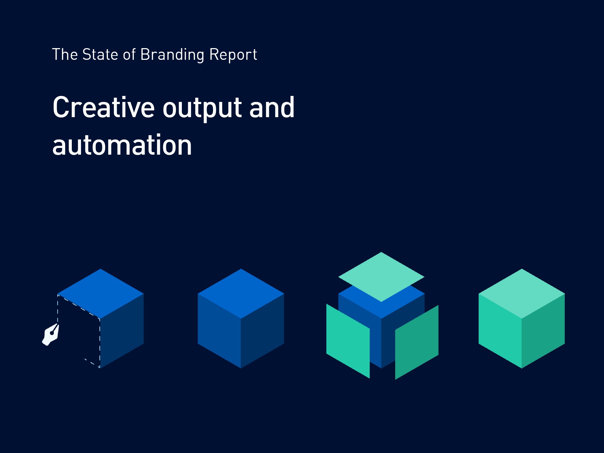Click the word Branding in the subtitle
click(x=172, y=55)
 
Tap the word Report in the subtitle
click(x=233, y=55)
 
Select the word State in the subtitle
click(x=100, y=55)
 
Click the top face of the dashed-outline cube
click(x=100, y=294)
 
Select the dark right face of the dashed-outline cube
click(x=122, y=331)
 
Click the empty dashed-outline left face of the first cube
click(x=79, y=331)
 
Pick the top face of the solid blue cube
click(x=241, y=294)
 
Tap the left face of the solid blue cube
click(x=219, y=331)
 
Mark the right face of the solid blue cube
click(x=263, y=331)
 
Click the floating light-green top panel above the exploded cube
click(x=381, y=277)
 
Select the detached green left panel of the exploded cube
click(x=348, y=341)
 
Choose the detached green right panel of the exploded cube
click(x=417, y=342)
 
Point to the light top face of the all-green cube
click(x=522, y=294)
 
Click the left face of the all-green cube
click(x=500, y=331)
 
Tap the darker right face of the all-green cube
click(x=543, y=331)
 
